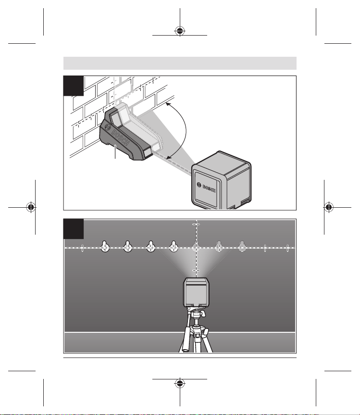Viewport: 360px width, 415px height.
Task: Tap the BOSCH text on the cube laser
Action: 209,189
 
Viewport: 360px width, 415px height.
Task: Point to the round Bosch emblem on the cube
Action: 199,185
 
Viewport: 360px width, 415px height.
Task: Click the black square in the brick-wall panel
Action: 74,86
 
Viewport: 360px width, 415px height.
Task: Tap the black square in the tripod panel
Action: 74,229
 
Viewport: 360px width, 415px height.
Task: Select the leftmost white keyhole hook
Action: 105,246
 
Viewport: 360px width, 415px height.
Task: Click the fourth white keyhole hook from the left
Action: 174,246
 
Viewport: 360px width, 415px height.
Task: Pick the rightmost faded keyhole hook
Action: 242,246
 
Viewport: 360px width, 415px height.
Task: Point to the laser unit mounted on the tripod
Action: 196,292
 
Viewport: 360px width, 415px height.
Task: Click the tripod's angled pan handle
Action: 186,340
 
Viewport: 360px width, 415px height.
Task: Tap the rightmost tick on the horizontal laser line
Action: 287,248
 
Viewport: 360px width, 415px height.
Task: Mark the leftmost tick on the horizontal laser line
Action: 82,248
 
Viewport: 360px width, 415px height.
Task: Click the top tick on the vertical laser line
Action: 196,224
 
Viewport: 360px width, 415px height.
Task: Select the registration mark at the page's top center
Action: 180,31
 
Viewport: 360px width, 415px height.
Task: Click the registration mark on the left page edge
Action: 31,207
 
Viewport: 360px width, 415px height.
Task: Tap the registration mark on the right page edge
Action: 329,207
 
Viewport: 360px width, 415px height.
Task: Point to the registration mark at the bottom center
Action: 180,383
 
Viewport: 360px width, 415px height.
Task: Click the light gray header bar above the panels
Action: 180,63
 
